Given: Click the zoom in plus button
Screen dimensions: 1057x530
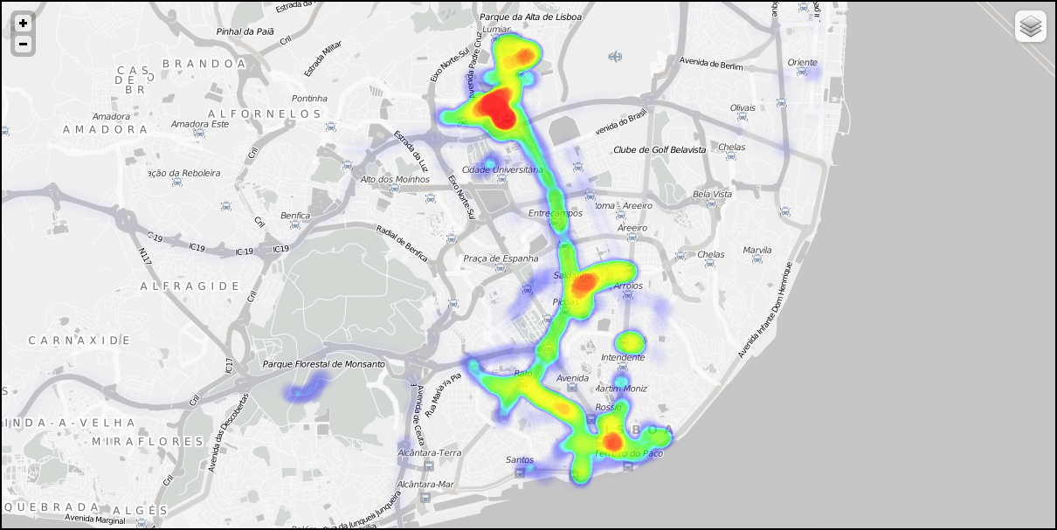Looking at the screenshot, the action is tap(23, 24).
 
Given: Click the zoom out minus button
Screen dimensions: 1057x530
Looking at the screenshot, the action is tap(23, 44).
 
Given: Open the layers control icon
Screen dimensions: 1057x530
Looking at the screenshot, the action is tap(1031, 26).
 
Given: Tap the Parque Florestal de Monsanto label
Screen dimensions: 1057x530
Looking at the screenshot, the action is tap(323, 364).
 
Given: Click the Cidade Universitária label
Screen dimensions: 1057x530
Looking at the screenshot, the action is tap(502, 169).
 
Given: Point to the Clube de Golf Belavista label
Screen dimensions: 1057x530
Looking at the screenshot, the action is tap(659, 150).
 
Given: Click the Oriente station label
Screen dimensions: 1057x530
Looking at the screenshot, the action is tap(802, 63).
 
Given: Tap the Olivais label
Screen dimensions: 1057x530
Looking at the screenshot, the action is tap(743, 108).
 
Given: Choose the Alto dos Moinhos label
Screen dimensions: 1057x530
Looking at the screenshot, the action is tap(395, 180).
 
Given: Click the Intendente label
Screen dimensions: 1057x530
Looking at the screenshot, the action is tap(623, 357).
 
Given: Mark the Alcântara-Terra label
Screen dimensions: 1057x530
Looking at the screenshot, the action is tap(429, 453).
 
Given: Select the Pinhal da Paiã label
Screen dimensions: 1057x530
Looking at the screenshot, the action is tap(245, 31).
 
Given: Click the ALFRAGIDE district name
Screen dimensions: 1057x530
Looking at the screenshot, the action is tap(190, 286).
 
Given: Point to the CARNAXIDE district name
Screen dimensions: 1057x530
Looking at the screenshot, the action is tap(79, 340).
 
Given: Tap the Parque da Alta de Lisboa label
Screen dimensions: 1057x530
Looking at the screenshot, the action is tap(530, 17).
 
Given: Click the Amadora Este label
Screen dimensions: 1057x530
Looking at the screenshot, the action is tap(200, 124).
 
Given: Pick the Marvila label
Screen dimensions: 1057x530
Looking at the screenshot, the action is tap(757, 251).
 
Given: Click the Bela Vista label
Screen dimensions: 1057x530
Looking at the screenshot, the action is tap(712, 194).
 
